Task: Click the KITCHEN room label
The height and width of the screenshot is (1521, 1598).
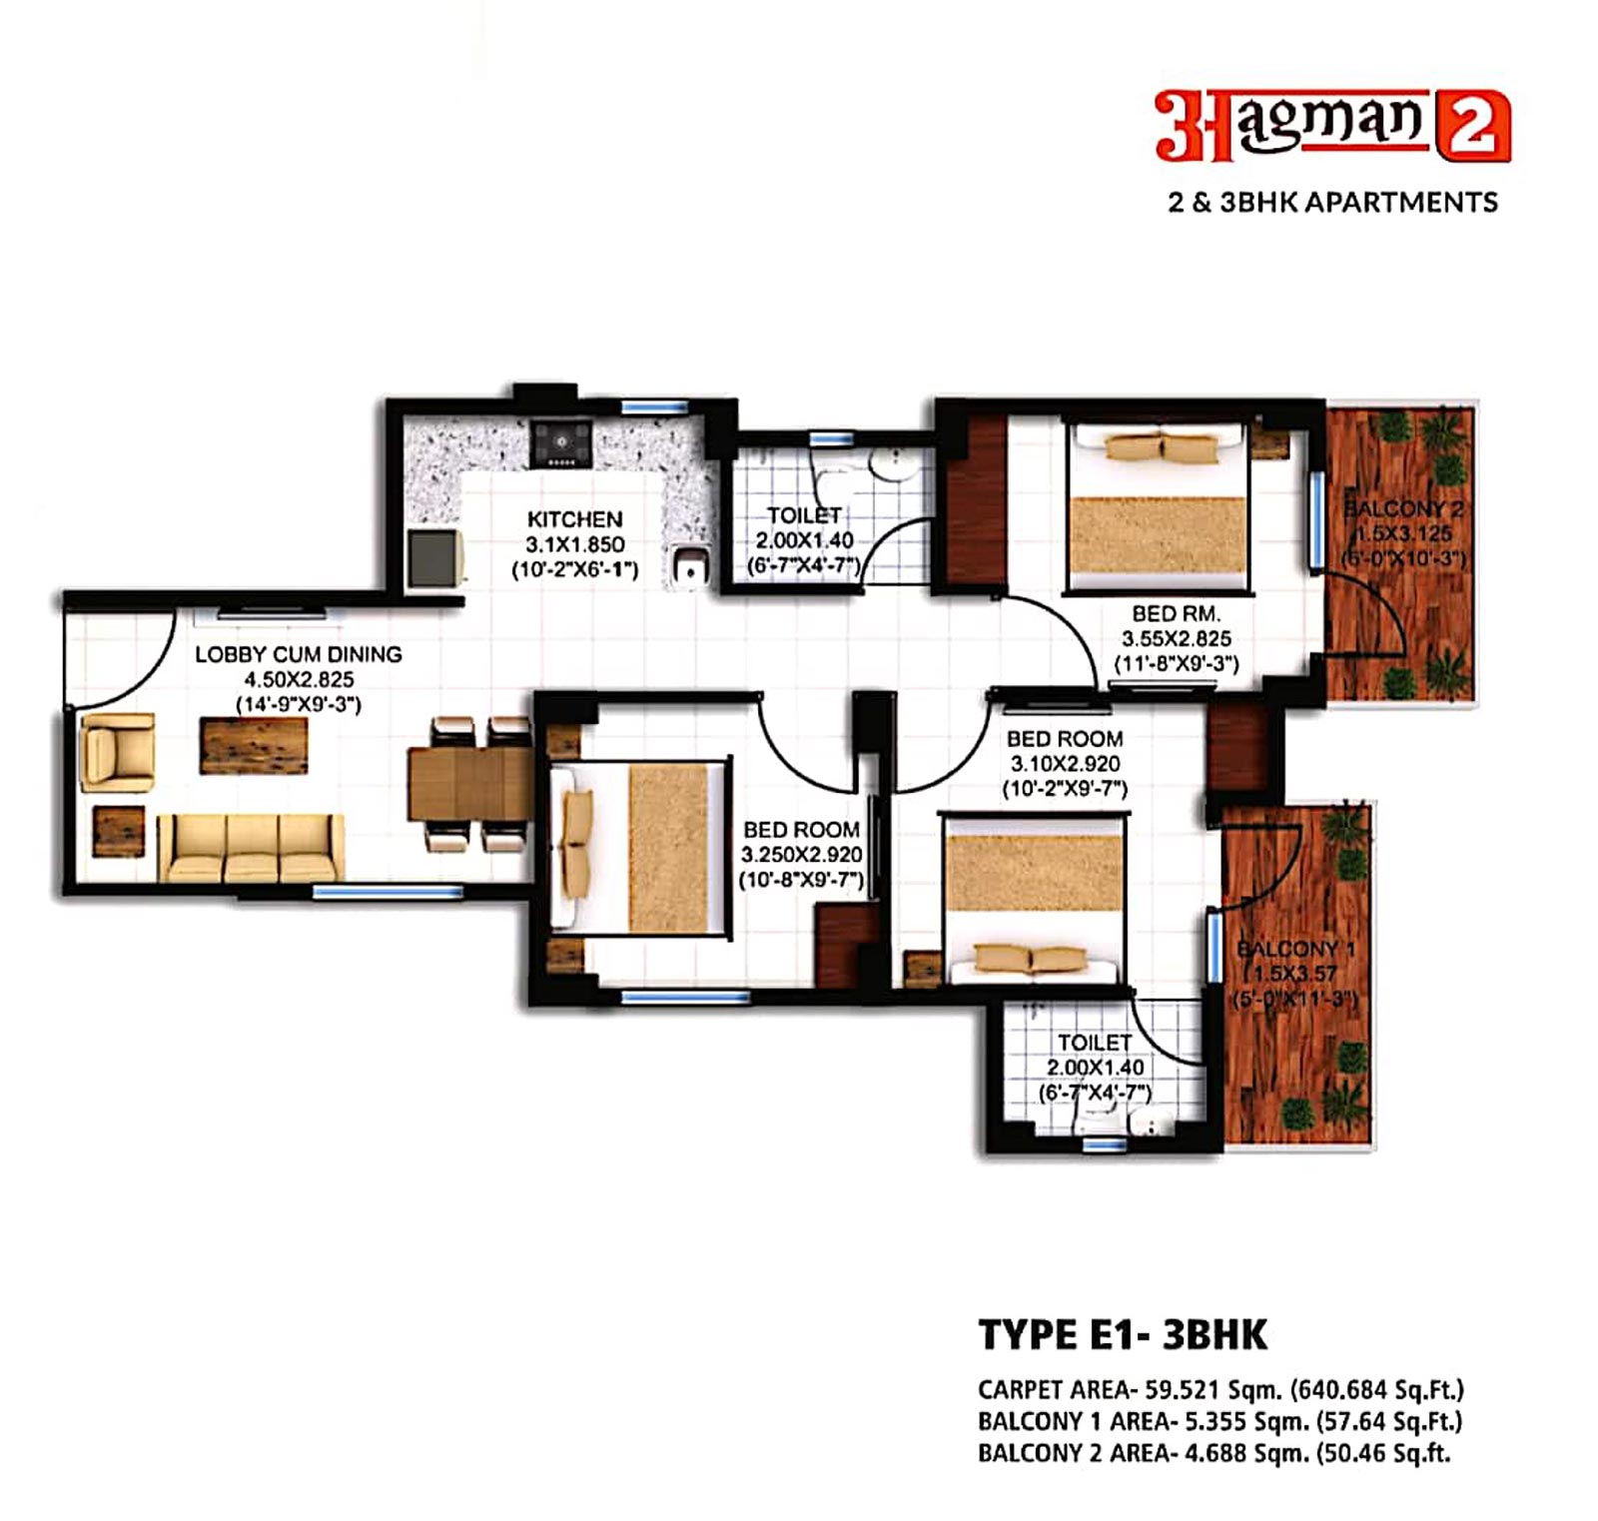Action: (574, 519)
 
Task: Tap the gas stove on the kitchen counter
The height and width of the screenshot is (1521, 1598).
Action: (561, 442)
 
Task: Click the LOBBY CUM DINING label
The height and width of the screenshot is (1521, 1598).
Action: (299, 654)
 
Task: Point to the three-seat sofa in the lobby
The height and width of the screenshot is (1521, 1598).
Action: (251, 847)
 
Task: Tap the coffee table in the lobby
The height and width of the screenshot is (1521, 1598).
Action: (254, 745)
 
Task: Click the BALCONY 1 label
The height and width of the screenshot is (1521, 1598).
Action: (1295, 949)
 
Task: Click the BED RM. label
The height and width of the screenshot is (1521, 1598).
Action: (1176, 614)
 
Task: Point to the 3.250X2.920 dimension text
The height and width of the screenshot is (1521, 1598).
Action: (801, 855)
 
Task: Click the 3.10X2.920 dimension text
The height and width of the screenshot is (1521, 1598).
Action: (1065, 764)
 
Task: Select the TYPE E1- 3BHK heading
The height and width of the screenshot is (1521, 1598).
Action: (1123, 1334)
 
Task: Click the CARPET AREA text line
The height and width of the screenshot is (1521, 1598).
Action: (1220, 1389)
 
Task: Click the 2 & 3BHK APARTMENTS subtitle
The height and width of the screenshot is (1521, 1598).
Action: (1333, 202)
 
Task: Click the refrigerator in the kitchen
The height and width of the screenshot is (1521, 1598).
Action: (435, 558)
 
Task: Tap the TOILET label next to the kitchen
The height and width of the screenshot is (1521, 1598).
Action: (804, 515)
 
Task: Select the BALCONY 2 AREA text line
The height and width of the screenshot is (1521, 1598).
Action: (1213, 1453)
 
